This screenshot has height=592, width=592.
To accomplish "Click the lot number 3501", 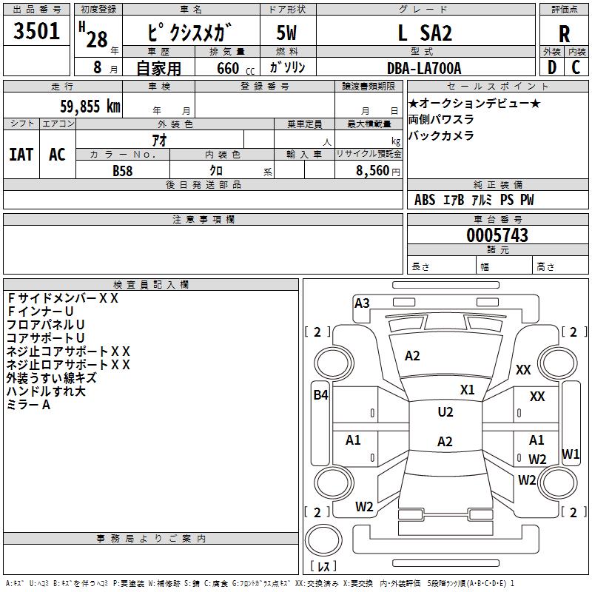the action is (36, 30).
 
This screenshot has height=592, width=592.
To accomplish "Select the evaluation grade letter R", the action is (564, 34).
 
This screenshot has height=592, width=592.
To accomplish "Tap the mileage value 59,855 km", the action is (90, 106).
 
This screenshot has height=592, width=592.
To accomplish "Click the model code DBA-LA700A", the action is (424, 68).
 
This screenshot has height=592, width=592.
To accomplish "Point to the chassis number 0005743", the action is (497, 235).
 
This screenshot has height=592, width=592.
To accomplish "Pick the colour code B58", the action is (123, 171).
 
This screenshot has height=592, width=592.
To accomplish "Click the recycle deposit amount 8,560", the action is (372, 170).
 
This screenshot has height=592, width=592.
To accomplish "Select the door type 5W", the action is (286, 33).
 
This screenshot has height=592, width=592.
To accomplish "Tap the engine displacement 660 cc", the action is (235, 68).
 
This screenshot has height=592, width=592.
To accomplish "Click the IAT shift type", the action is (21, 155).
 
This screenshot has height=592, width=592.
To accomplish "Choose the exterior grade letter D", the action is (552, 67).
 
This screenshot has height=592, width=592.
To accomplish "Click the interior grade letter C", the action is (576, 67).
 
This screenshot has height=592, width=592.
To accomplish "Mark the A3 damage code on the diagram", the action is (362, 303).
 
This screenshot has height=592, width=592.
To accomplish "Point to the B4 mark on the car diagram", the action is (320, 395).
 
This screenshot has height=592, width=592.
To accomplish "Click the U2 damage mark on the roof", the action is (445, 412).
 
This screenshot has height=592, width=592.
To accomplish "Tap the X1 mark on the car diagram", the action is (467, 390).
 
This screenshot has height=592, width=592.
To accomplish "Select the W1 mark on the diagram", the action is (571, 454).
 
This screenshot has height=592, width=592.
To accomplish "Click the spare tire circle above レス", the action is (323, 540).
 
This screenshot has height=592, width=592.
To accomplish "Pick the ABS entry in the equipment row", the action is (425, 200).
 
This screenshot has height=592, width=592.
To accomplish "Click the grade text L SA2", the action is (425, 33).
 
